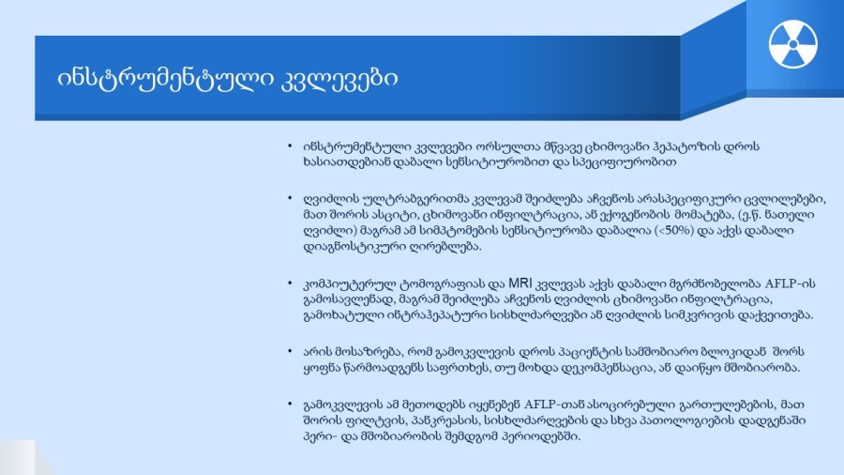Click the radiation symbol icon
792,44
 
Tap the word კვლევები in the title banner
339,79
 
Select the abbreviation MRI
520,283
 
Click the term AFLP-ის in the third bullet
791,283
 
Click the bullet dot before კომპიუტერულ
290,283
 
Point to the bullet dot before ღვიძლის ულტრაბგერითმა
290,198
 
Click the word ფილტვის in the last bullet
391,420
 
